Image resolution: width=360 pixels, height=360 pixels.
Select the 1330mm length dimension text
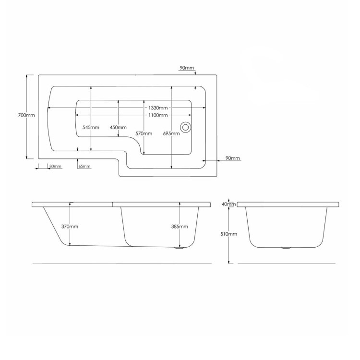(x=158, y=109)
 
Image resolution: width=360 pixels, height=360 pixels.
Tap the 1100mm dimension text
(x=158, y=116)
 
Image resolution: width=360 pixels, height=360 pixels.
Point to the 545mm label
(x=91, y=127)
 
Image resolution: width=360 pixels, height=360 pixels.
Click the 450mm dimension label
(x=118, y=127)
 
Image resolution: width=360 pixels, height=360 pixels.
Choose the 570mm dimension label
(x=144, y=133)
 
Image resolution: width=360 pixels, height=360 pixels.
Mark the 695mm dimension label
(x=171, y=133)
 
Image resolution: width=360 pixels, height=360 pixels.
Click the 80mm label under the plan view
(x=55, y=167)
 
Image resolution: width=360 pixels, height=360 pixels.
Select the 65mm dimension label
(x=84, y=167)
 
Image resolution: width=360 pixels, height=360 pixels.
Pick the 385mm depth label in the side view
(x=180, y=226)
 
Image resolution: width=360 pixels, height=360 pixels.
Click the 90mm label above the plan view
(x=187, y=69)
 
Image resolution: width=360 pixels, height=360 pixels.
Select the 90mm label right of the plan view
(x=232, y=158)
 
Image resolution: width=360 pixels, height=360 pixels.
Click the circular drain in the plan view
(x=185, y=127)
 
